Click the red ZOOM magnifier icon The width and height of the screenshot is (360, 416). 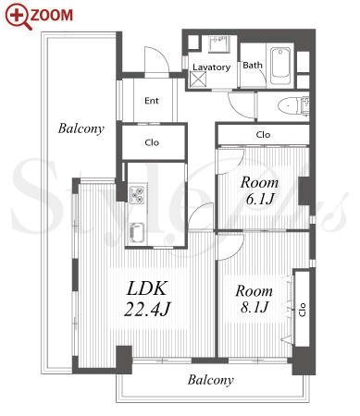[x=18, y=16]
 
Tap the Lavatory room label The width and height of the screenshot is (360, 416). [x=212, y=67]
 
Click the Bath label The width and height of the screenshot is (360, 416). [x=253, y=66]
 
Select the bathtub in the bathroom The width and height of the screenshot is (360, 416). [x=280, y=66]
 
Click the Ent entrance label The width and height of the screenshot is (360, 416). [x=152, y=101]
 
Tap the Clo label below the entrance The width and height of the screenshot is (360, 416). [x=152, y=142]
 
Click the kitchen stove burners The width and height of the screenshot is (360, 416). [x=137, y=195]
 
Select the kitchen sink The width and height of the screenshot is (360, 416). [x=137, y=233]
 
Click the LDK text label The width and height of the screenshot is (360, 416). [x=147, y=288]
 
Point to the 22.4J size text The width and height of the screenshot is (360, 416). [x=147, y=309]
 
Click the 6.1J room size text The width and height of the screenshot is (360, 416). [x=260, y=199]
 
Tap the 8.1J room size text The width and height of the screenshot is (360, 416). [x=254, y=307]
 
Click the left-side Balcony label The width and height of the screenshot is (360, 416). [x=81, y=128]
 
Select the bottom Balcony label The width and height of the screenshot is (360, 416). [x=211, y=380]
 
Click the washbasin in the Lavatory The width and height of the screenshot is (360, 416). [x=219, y=43]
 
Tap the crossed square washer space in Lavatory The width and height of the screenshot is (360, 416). [x=199, y=80]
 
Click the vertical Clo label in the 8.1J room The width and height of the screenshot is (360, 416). [x=303, y=310]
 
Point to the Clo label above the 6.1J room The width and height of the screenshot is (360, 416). [x=263, y=135]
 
